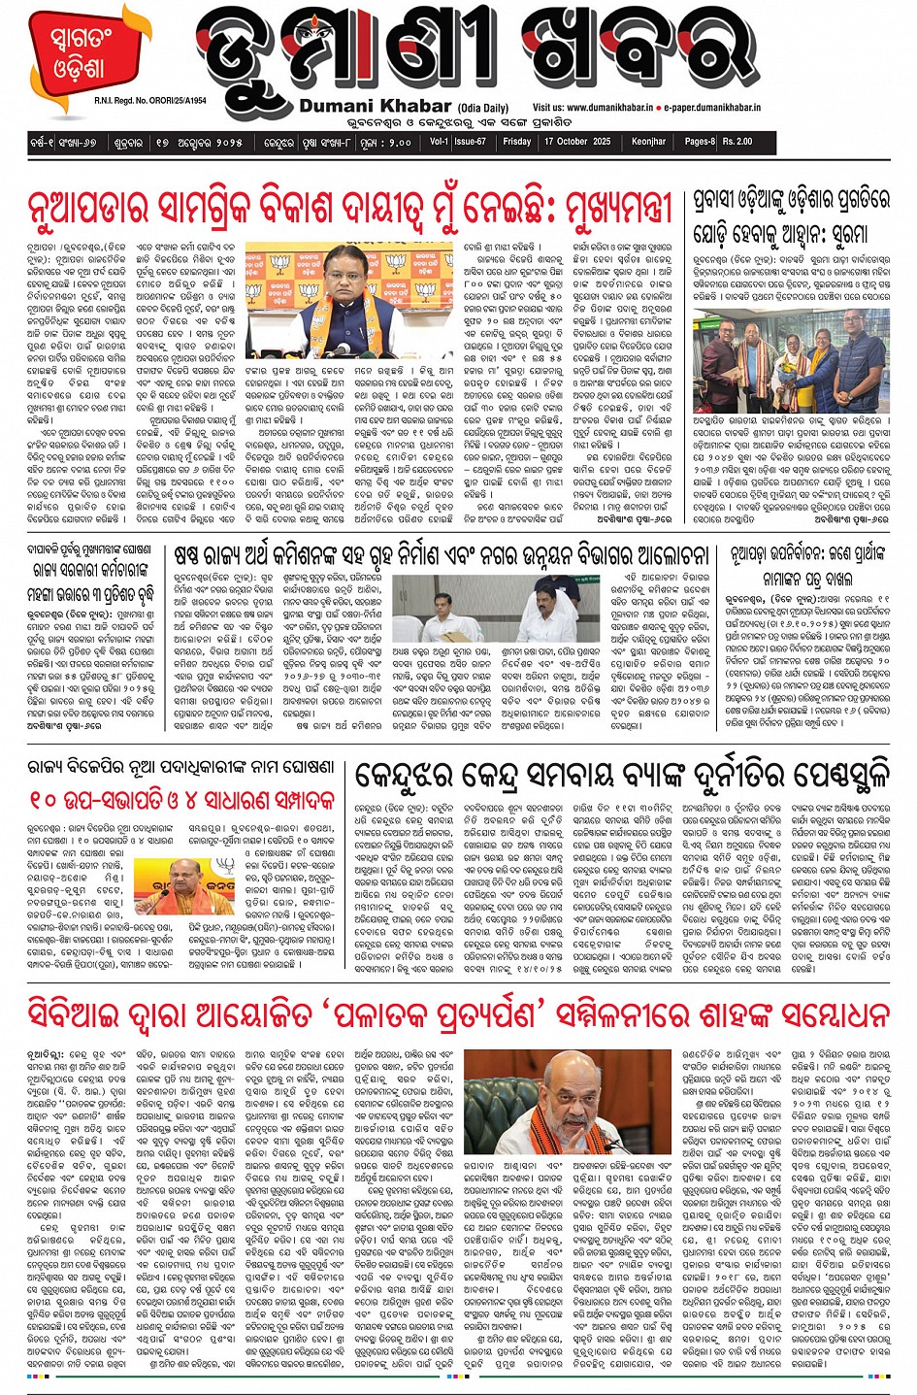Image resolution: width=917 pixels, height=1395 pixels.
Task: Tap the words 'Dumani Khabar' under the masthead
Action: click(376, 106)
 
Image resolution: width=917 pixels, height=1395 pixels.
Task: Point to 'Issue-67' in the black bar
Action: click(471, 142)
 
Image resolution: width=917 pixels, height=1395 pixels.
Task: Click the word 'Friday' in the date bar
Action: click(517, 142)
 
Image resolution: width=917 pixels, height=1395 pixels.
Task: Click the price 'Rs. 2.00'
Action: click(737, 142)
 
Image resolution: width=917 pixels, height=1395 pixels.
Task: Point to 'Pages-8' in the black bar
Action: click(699, 142)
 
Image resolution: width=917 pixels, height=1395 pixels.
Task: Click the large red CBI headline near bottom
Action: click(458, 1014)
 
